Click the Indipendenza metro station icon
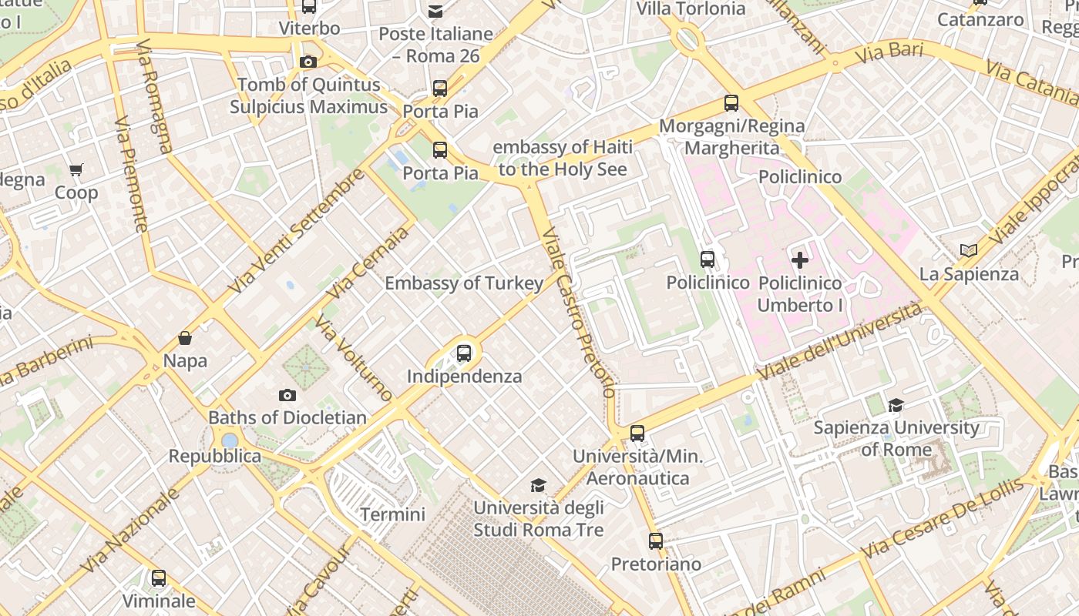(x=463, y=353)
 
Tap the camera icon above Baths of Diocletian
(x=287, y=395)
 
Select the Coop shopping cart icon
(x=76, y=169)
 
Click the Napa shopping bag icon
(x=185, y=337)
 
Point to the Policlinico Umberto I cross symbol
(x=800, y=259)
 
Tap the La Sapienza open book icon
(x=969, y=250)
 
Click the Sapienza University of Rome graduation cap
(x=896, y=405)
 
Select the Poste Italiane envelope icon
(x=435, y=11)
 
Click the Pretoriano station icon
(x=656, y=541)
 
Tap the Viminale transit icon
(x=159, y=577)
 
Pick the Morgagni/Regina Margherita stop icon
(x=731, y=102)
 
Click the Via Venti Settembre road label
(x=297, y=231)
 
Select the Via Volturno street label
(x=354, y=358)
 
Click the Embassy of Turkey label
(x=464, y=283)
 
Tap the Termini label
(x=392, y=514)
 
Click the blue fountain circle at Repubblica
(x=230, y=440)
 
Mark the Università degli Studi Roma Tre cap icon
(x=538, y=485)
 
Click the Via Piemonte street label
(x=131, y=175)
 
